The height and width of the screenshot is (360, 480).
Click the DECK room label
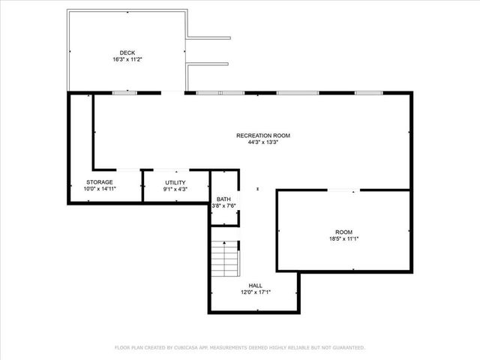(127, 52)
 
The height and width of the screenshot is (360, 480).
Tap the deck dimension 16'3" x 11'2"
(127, 59)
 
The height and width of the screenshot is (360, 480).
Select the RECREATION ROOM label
(262, 136)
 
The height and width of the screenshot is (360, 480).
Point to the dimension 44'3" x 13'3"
(262, 142)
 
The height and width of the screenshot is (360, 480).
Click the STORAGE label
(99, 182)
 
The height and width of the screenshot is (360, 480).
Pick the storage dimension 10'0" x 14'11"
(99, 189)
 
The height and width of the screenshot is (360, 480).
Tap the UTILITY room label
(175, 182)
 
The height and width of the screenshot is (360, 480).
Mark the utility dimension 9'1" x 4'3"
(175, 189)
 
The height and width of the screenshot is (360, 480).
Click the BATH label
(223, 199)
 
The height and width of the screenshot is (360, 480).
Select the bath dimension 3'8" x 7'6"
(223, 205)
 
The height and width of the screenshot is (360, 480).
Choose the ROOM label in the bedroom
(343, 232)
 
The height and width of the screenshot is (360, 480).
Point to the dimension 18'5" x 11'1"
(343, 239)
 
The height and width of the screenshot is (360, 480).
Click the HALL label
(255, 285)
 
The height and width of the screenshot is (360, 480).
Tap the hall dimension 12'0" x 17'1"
(255, 292)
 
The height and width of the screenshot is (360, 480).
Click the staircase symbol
(226, 258)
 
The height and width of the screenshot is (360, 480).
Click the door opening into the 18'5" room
(343, 190)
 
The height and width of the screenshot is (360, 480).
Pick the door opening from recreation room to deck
(172, 93)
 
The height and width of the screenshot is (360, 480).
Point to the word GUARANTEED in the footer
(349, 348)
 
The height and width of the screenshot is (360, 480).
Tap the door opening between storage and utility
(142, 186)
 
